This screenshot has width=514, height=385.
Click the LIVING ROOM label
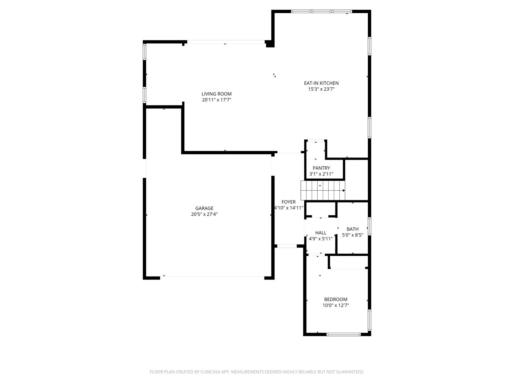tap(216, 94)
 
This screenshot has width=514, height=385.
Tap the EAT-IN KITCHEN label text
tap(321, 83)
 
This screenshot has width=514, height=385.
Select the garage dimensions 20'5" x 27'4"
tap(204, 214)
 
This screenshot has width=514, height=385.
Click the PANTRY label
tap(321, 168)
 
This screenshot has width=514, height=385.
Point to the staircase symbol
tap(322, 190)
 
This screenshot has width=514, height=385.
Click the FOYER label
tap(289, 202)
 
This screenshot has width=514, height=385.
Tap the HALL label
tap(321, 233)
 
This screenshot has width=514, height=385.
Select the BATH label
tap(352, 229)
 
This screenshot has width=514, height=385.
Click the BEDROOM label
tap(335, 299)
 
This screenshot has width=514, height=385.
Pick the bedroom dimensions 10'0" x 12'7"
tap(335, 305)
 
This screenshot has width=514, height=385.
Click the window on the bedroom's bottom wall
tap(343, 334)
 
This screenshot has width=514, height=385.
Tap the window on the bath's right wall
tap(369, 226)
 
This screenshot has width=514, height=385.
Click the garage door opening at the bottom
tap(212, 277)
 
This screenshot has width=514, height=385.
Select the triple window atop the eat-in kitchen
tap(321, 11)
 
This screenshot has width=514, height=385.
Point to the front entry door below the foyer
tap(286, 246)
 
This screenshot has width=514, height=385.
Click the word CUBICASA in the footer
tap(210, 372)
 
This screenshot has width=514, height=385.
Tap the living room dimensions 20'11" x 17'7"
tap(216, 100)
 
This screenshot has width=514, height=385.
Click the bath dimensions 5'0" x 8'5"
tap(352, 235)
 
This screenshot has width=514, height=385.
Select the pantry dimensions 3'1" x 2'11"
tap(321, 174)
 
